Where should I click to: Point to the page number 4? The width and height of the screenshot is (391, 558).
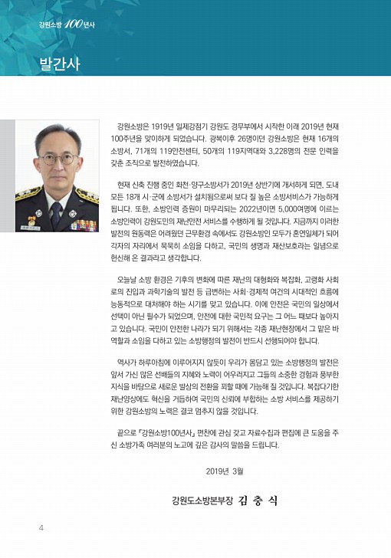41,529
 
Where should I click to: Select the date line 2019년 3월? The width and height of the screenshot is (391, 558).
227,471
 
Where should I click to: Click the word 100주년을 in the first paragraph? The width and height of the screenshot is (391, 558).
129,138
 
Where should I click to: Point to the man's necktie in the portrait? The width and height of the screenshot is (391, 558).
57,214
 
